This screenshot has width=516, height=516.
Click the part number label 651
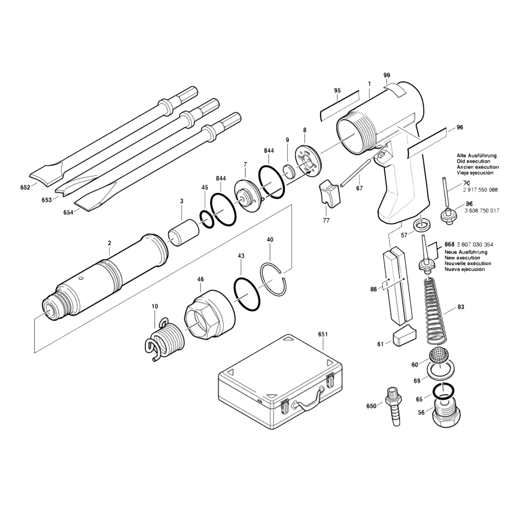pyautogui.click(x=323, y=334)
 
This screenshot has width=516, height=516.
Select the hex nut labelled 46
pyautogui.click(x=205, y=315)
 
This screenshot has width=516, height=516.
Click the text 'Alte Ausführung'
pyautogui.click(x=476, y=155)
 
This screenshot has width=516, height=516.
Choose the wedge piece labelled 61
pyautogui.click(x=402, y=336)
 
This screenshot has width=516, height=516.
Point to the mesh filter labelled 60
pyautogui.click(x=438, y=357)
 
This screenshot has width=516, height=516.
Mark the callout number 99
pyautogui.click(x=387, y=75)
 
